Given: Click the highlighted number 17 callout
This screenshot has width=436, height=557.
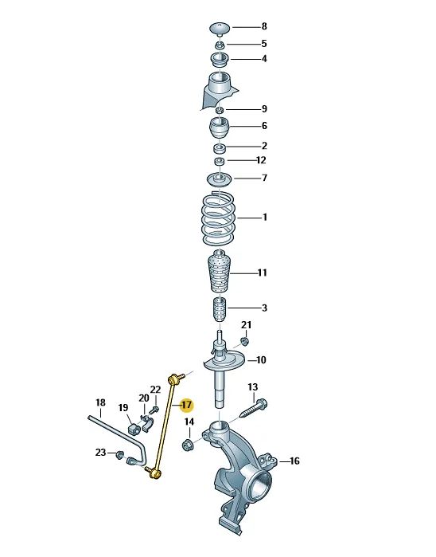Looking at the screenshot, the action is [187, 405].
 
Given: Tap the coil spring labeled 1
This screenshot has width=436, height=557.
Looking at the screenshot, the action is [219, 218].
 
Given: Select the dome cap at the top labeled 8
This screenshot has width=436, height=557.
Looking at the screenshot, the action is [220, 29].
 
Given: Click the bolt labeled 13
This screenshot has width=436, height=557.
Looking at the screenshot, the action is [254, 409].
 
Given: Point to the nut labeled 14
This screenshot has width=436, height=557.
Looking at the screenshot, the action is [187, 444].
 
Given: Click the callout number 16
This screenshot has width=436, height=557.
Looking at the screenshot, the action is [294, 461].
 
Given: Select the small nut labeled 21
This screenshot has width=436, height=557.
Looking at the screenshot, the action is [244, 341].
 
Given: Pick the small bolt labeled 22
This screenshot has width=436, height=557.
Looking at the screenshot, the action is [154, 410].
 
